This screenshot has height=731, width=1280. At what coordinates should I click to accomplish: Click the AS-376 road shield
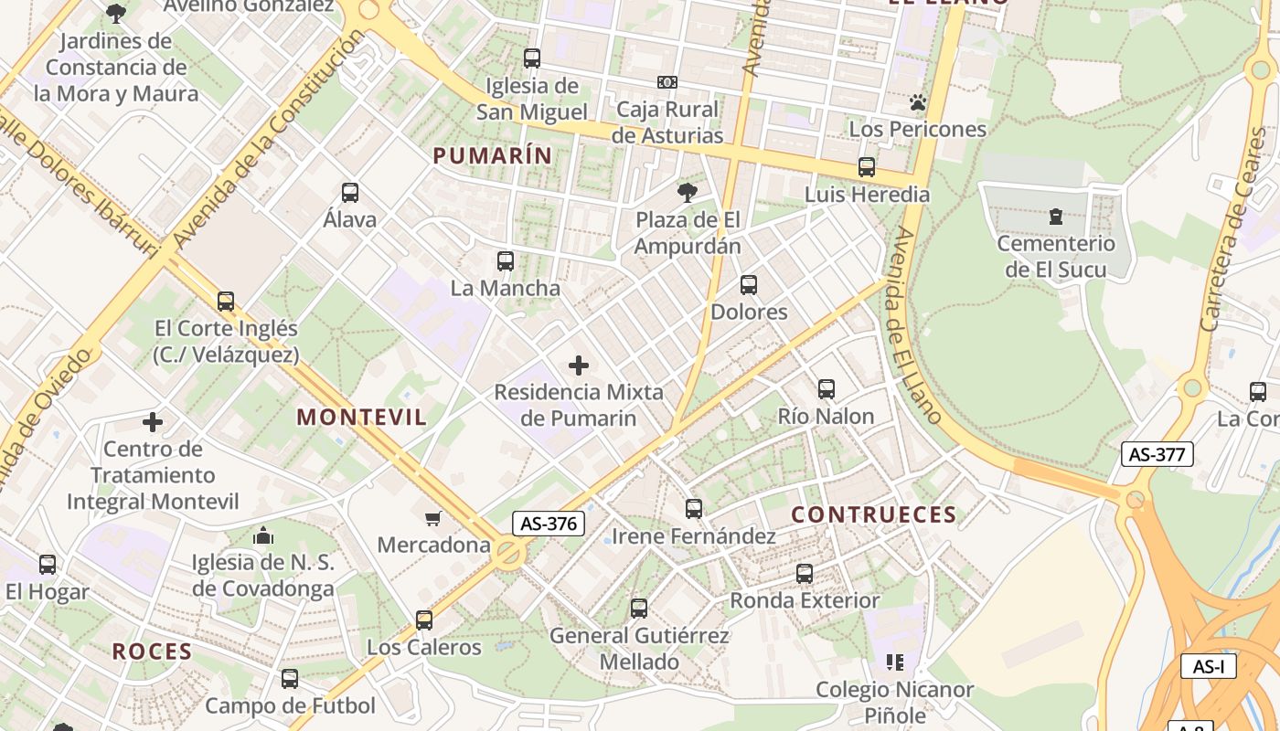click(548, 524)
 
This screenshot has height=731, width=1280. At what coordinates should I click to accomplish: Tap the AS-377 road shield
click(1157, 454)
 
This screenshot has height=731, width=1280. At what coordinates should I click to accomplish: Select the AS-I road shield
click(1208, 666)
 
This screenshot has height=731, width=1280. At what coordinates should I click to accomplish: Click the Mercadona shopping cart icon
click(433, 518)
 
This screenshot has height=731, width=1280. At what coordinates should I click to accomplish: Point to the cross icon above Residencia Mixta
click(579, 365)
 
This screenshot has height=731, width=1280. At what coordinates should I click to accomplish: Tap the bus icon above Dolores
click(749, 285)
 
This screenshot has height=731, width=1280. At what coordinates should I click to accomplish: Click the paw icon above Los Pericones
click(918, 102)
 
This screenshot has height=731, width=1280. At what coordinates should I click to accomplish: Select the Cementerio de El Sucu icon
click(1056, 217)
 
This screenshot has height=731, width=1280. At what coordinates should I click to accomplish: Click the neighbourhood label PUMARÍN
click(493, 156)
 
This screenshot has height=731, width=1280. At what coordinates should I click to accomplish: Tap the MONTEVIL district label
click(361, 418)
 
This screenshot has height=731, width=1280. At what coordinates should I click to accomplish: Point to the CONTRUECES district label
click(873, 514)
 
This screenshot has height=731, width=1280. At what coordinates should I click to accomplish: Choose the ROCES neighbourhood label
click(152, 652)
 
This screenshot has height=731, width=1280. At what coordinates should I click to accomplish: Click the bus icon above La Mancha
click(506, 261)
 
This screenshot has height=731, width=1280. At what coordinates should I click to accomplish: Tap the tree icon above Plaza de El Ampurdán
click(688, 193)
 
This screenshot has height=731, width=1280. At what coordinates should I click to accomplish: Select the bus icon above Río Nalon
click(827, 389)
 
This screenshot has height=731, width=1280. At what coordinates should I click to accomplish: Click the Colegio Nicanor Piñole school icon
click(894, 662)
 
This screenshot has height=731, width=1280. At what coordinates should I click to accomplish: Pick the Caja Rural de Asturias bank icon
click(667, 82)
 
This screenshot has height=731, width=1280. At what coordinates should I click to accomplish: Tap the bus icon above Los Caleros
click(424, 620)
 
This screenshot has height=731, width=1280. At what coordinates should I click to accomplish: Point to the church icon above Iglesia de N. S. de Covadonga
click(263, 535)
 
